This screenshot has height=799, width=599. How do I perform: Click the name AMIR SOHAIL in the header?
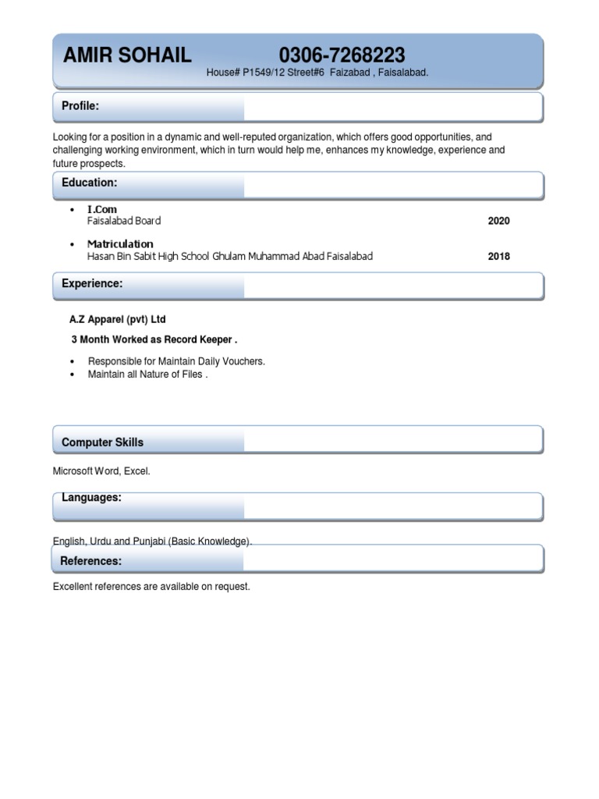126,55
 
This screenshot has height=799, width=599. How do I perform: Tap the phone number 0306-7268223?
342,55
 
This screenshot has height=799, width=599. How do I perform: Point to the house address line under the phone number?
317,73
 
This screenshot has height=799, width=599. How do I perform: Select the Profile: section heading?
80,106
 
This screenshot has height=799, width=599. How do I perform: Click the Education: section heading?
89,183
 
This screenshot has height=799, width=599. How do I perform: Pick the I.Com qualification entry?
102,210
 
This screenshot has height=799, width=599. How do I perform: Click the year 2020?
498,222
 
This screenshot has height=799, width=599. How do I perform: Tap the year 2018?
498,256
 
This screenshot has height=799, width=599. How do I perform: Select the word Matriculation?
120,244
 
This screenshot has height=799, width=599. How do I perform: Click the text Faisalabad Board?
124,222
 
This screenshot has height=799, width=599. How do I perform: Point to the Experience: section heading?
92,284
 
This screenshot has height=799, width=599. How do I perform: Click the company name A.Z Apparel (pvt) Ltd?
118,320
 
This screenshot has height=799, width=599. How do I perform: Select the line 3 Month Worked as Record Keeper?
154,340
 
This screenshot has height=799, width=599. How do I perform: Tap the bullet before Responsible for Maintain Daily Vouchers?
73,362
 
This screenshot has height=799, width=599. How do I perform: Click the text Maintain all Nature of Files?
147,375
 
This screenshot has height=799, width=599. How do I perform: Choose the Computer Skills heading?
102,442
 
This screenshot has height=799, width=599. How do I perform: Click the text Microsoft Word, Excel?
101,472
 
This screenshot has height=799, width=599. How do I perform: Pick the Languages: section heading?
91,498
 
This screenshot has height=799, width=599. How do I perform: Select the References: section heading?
90,561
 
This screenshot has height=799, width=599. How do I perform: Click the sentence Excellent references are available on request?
151,587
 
